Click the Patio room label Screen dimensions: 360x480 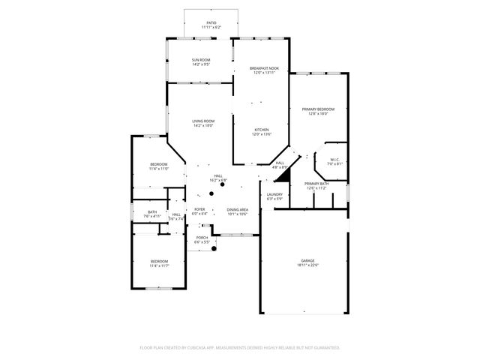pos(211,23)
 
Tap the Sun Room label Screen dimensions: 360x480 pos(201,60)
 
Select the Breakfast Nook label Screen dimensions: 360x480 pos(265,68)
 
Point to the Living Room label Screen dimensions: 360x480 pos(202,121)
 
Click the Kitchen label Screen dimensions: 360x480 pos(260,130)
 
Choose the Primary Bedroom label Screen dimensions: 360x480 pos(318,109)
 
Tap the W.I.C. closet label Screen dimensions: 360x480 pos(334,159)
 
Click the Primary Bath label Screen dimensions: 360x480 pos(316,184)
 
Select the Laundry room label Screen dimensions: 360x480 pos(274,194)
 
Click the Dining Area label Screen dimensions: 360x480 pos(238,209)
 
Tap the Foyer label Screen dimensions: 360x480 pos(199,209)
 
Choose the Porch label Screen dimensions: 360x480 pos(202,238)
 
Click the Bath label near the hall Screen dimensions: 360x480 pos(152,211)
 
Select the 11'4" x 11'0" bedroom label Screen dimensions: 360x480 pos(158,164)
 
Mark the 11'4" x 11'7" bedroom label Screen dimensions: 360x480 pos(158,261)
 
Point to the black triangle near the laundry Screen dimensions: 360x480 pos(283,176)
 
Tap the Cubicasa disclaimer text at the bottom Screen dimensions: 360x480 pos(240,347)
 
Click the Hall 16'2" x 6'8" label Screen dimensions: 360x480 pos(218,176)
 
